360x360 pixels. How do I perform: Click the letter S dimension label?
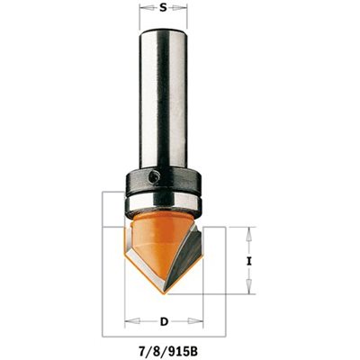[163, 8]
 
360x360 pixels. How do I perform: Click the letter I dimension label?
[248, 261]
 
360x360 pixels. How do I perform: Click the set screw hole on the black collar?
[155, 176]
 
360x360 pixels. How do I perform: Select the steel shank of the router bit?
[163, 99]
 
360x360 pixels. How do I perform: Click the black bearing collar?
[163, 182]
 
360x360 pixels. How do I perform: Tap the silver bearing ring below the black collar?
[163, 203]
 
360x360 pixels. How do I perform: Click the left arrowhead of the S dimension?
[147, 9]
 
